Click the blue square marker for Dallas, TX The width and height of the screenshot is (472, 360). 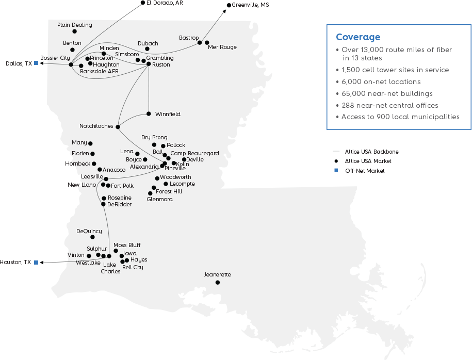coord(36,63)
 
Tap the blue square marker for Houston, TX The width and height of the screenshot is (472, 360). coord(36,263)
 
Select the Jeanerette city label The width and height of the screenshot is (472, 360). coord(217,274)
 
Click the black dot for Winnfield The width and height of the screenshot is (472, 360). coord(149,114)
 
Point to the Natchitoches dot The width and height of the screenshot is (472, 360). coord(118,127)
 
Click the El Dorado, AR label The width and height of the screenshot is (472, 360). coord(165,3)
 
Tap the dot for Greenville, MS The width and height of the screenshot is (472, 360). coord(229,5)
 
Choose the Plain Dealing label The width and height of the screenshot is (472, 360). coord(75,25)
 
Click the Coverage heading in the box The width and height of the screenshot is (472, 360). coord(358,37)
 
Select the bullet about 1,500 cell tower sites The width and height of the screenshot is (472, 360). coord(393,70)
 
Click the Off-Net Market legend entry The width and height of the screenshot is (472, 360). coord(360,171)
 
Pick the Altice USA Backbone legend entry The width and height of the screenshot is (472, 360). coord(366,152)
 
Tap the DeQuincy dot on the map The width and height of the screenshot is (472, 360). coord(93,237)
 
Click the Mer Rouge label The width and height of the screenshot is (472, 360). coord(222,47)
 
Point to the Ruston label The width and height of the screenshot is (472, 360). coord(161,64)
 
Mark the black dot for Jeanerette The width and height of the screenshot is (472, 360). coord(218,282)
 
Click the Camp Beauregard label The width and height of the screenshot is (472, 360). coord(195,154)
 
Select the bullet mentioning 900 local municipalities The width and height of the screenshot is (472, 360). coord(398,117)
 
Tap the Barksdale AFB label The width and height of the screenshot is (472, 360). coord(100,71)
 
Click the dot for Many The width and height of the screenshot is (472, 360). coord(90,143)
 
